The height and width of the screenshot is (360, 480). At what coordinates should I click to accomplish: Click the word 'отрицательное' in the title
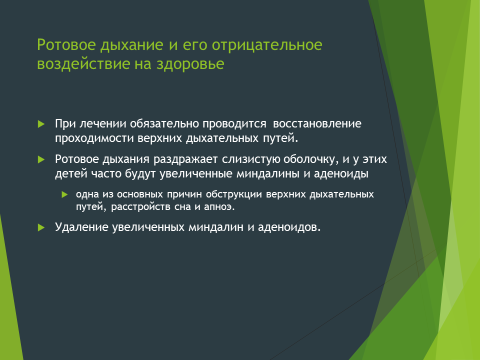point(267,45)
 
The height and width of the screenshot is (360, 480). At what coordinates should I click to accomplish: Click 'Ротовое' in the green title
point(66,45)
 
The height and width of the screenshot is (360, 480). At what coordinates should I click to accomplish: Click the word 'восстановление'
point(317,123)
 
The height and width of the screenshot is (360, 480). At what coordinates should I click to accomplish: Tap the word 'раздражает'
point(185,159)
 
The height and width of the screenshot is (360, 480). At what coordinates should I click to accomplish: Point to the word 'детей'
point(71,174)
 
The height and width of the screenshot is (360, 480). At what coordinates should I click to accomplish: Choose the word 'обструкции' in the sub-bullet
point(234,194)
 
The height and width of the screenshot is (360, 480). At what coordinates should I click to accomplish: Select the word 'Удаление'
point(81,227)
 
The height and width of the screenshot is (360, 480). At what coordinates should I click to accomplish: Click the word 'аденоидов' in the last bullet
point(289,227)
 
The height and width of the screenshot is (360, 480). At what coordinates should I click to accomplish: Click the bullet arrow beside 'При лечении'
point(41,124)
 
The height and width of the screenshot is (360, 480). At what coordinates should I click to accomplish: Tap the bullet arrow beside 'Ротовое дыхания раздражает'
point(41,159)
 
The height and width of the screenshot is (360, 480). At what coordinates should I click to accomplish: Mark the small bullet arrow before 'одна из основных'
point(64,194)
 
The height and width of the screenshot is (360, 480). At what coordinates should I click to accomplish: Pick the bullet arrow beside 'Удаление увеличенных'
point(41,227)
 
